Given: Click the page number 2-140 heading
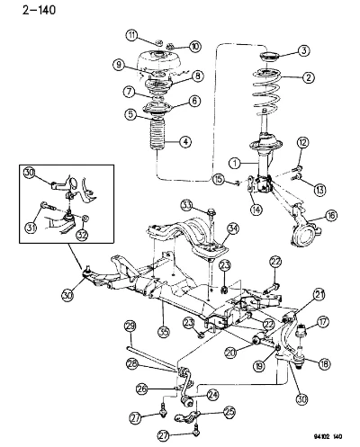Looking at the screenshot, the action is (x=39, y=10).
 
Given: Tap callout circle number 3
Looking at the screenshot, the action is (x=304, y=50).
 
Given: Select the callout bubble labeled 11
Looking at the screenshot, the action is (x=131, y=35).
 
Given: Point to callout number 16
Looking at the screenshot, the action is (x=331, y=215).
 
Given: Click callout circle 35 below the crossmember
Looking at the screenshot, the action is (x=164, y=331).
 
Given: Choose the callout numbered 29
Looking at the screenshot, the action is (x=131, y=326).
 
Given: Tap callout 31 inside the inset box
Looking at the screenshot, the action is (x=31, y=228).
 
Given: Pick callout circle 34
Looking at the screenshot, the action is (x=233, y=229).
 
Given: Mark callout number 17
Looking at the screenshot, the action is (x=322, y=322).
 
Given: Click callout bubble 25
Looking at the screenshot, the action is (x=229, y=413).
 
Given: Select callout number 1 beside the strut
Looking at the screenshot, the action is (x=235, y=164).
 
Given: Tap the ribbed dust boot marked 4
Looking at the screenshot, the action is (x=157, y=138).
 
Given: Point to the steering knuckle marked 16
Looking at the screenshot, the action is (x=304, y=223).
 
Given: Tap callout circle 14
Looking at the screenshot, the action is (x=256, y=209).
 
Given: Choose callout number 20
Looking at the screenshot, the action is (x=230, y=353).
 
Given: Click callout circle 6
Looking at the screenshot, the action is (x=194, y=101).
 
